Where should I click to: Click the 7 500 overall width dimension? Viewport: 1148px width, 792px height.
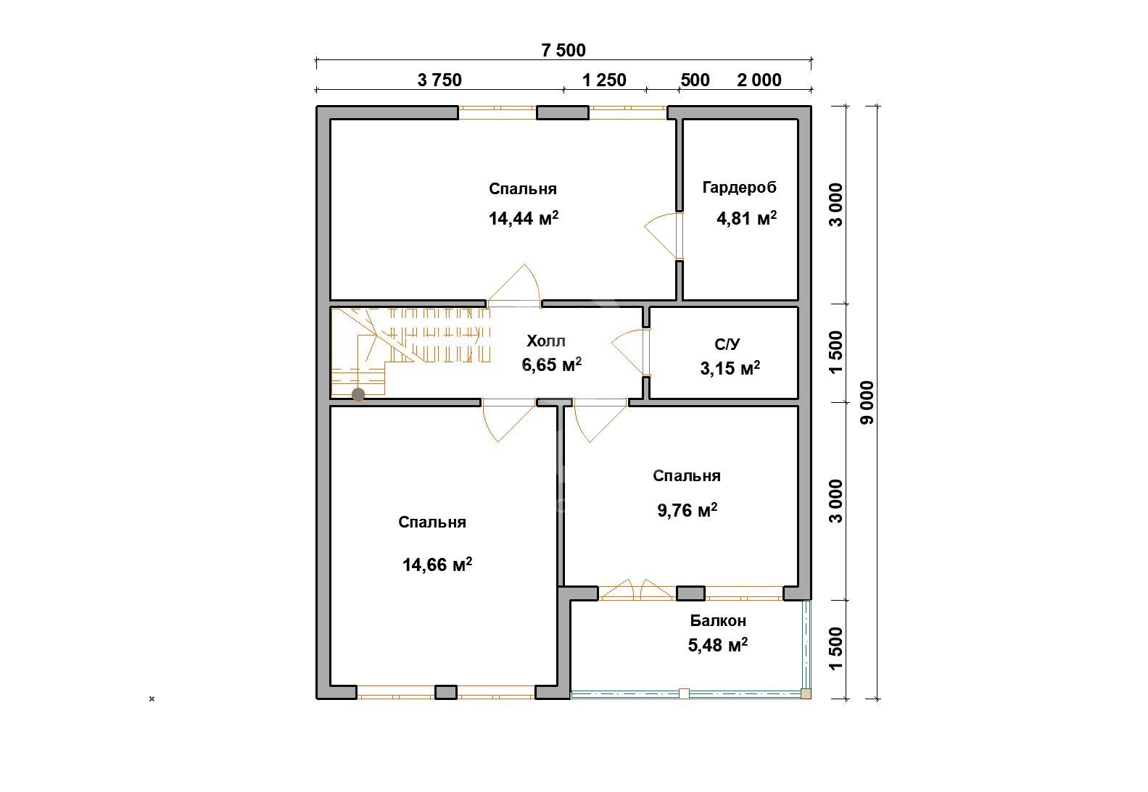(x=563, y=50)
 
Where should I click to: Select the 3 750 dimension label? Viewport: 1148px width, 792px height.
(x=439, y=80)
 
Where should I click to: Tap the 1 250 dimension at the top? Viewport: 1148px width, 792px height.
(x=604, y=80)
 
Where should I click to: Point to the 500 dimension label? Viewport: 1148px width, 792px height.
(x=695, y=80)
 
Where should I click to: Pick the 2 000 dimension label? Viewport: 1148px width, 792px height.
(x=759, y=80)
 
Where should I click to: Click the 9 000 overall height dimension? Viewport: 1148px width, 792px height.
(x=867, y=402)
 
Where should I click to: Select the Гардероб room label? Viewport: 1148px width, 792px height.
(x=739, y=188)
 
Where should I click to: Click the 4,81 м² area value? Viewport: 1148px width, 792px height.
(x=746, y=218)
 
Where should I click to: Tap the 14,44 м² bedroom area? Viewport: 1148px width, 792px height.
(x=524, y=218)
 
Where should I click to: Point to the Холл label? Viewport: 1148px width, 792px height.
(x=546, y=341)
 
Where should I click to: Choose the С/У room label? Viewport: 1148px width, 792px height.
(x=727, y=344)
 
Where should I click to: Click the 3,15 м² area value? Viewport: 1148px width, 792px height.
(x=730, y=367)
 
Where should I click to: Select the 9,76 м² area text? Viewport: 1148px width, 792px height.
(x=687, y=510)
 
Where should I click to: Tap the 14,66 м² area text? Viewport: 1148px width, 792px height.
(x=437, y=564)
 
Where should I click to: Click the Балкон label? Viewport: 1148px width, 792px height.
(x=717, y=620)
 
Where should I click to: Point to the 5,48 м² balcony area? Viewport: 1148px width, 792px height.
(x=717, y=645)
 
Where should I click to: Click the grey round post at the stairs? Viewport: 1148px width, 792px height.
(x=358, y=394)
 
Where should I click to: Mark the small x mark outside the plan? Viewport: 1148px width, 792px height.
(x=152, y=699)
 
